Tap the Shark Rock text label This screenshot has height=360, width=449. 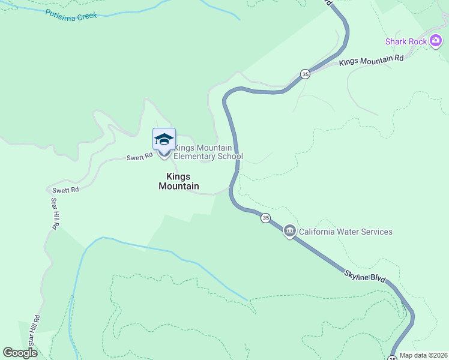point(406,41)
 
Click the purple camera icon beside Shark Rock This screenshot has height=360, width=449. point(437,41)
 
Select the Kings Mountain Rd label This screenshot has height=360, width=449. point(371,61)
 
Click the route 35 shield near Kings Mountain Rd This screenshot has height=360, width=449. point(306,74)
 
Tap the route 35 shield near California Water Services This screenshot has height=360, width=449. point(265,218)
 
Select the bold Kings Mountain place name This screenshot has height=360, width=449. point(178,181)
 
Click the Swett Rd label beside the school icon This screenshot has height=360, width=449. point(136,158)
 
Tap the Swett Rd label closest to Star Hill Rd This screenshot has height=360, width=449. point(66,190)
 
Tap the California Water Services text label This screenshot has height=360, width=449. point(346,232)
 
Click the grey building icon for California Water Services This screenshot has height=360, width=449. point(289,231)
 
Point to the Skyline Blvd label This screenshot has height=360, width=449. point(364,277)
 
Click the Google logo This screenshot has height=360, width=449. point(20,353)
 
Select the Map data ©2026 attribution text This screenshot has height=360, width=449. point(423,355)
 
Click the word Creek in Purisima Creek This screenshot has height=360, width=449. point(87,17)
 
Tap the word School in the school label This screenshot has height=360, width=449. point(232,157)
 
